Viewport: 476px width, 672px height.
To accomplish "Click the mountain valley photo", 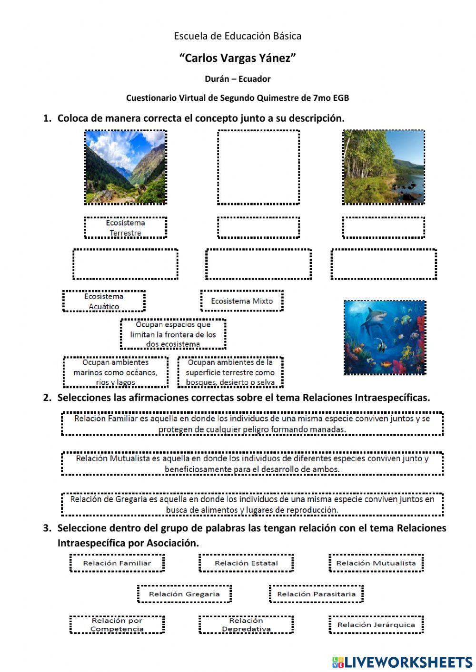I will pos(126,167).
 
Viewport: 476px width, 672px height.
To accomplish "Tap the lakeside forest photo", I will pos(383,167).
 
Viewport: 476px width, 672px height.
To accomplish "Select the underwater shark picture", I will pos(385,338).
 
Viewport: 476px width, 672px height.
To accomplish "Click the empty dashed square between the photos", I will pos(258,167).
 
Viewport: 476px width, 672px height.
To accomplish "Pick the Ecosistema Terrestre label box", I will pos(126,227).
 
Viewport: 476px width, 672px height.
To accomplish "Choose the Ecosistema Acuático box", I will pos(104,301).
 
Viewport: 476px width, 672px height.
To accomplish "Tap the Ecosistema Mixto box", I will pos(242,301).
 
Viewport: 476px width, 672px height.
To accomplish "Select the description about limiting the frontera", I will pos(173,334).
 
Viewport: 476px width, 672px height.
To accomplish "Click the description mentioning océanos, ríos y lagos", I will pos(115,372).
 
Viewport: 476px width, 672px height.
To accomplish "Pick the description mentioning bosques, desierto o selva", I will pos(230,372).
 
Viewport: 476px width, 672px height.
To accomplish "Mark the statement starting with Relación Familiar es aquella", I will pos(252,424).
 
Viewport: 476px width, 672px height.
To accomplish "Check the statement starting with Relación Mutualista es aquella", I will pos(252,464).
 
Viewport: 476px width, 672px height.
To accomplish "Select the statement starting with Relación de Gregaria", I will pos(252,505).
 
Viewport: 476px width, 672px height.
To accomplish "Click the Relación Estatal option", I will pos(246,563).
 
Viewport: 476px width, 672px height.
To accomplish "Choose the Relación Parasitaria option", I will pos(316,594).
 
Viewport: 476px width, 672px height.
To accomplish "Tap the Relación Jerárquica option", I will pos(376,624).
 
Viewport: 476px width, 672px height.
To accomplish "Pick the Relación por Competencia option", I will pos(117,624).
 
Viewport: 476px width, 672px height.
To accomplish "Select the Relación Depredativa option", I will pos(246,624).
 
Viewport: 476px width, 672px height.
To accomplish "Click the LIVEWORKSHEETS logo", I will pos(402,662).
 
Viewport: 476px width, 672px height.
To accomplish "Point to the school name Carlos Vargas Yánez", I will pos(238,58).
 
